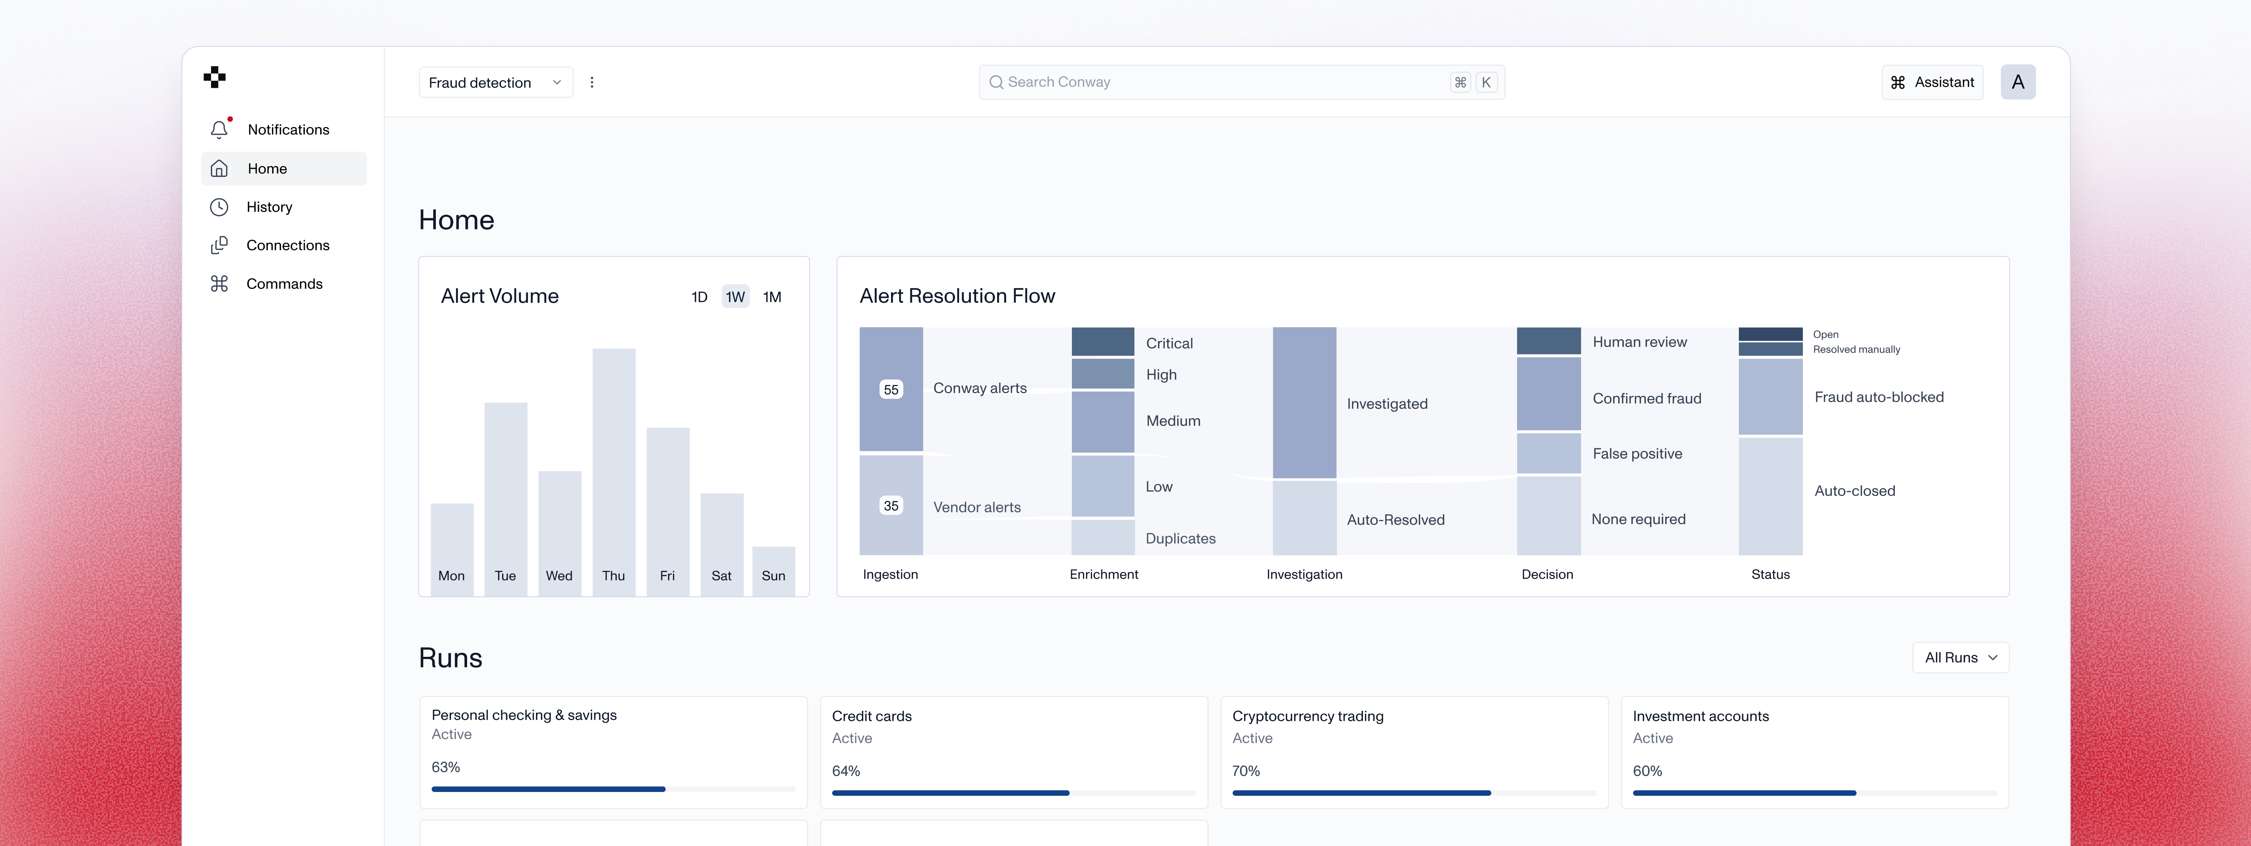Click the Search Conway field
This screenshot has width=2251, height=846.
tap(1223, 82)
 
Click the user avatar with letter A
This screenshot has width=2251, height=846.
tap(2018, 82)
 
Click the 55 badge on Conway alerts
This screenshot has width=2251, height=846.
tap(890, 390)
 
